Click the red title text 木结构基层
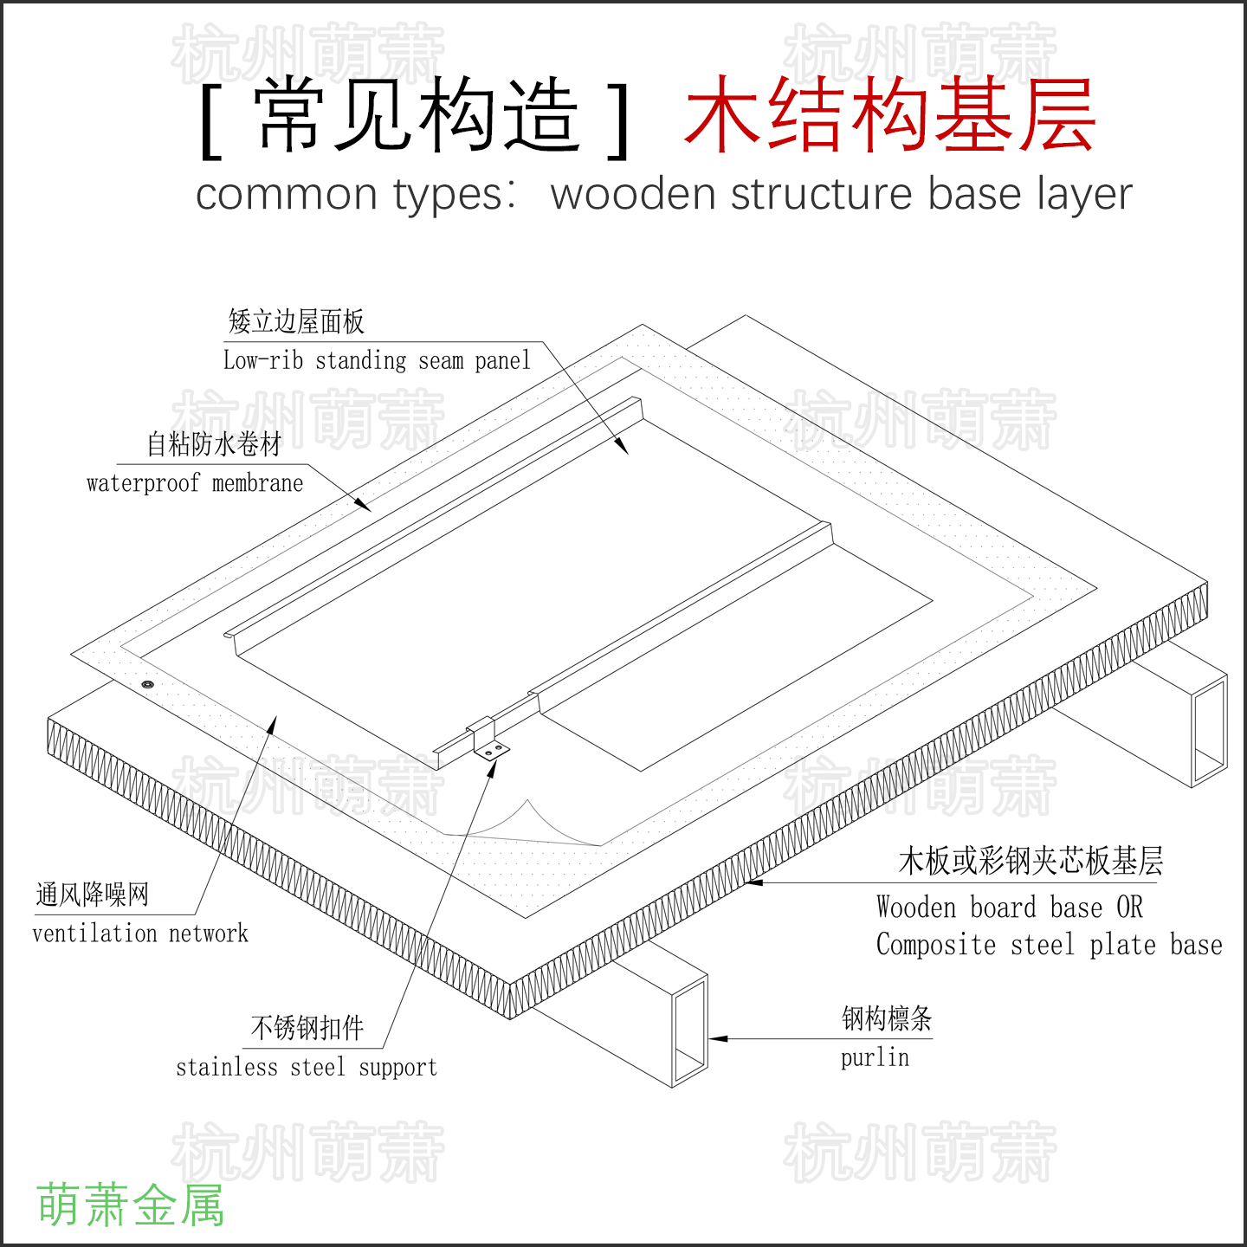890,114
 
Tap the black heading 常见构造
417,114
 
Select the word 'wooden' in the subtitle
632,193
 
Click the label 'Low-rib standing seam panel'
377,359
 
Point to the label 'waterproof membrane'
195,482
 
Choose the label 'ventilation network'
140,934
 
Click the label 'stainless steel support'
307,1067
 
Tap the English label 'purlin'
875,1058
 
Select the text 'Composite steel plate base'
1049,945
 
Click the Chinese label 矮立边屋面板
296,321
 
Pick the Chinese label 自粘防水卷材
214,444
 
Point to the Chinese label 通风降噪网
92,895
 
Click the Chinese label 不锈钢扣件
307,1028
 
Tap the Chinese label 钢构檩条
888,1018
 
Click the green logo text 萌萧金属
131,1205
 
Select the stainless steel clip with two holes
489,741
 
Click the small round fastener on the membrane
147,684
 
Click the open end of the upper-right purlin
1210,731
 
